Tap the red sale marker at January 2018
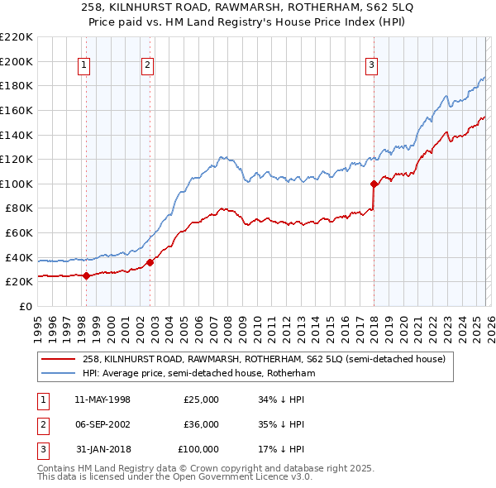(374, 184)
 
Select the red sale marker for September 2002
(150, 262)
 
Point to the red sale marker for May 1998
(86, 275)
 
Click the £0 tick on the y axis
(26, 306)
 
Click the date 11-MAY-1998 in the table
(103, 399)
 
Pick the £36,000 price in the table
(201, 424)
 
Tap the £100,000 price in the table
(198, 449)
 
